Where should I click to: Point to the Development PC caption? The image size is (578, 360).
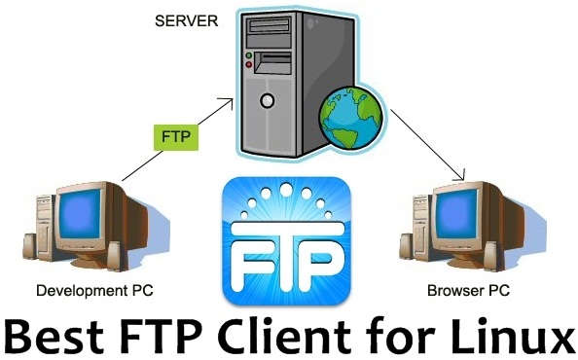pyautogui.click(x=93, y=290)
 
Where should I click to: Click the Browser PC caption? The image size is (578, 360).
pyautogui.click(x=470, y=290)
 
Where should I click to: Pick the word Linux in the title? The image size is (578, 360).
pyautogui.click(x=510, y=336)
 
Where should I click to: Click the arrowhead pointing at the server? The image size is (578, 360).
pyautogui.click(x=230, y=98)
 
